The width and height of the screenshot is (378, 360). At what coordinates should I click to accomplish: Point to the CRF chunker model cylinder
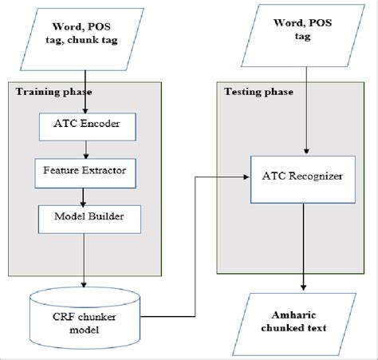tap(85, 315)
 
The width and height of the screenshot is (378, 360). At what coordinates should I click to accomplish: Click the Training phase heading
tap(49, 91)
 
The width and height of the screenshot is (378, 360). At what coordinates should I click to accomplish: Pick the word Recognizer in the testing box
tap(318, 175)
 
